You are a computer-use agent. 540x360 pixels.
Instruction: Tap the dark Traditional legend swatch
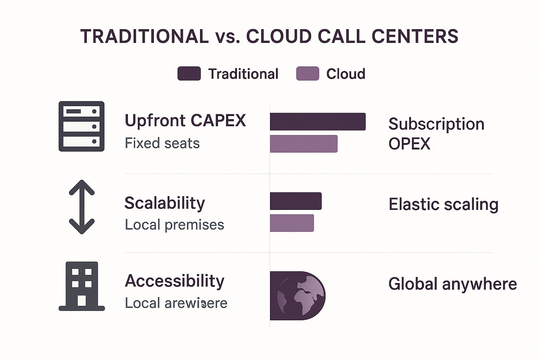point(189,74)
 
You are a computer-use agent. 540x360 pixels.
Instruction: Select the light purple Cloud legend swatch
point(308,74)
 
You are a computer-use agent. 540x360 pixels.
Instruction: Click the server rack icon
point(82,126)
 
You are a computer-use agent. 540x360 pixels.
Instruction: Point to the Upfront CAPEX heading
point(185,121)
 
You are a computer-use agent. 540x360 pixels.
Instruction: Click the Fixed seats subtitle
point(162,143)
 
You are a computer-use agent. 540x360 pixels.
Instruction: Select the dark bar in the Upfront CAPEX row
point(317,122)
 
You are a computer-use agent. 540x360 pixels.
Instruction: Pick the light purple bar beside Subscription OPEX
point(303,144)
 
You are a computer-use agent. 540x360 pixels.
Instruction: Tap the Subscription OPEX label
point(436,134)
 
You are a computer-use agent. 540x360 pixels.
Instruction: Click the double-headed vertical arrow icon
point(82,207)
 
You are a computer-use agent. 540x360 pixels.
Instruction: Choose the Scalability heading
point(165,203)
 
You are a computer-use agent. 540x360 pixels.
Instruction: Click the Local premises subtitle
point(174,225)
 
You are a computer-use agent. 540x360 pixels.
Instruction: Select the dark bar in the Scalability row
point(296,201)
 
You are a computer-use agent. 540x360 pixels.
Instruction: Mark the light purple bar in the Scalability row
point(292,223)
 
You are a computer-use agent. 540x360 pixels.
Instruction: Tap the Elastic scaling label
point(443,205)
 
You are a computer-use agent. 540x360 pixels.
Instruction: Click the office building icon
point(82,286)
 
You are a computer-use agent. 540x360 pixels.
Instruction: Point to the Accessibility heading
point(174,281)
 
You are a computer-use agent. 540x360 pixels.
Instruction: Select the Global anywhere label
point(452,284)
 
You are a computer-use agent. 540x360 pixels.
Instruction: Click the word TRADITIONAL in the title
point(144,36)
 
